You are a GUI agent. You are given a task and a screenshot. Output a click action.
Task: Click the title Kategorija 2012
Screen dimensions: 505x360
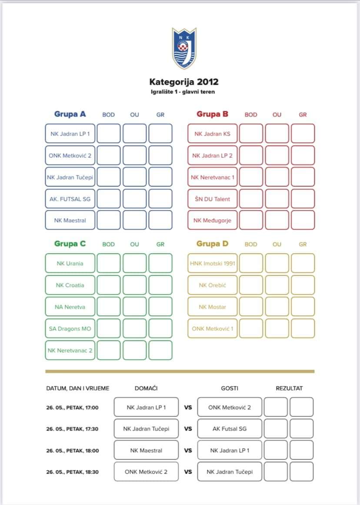click(184, 82)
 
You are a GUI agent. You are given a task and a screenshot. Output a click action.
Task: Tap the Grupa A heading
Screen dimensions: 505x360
click(70, 114)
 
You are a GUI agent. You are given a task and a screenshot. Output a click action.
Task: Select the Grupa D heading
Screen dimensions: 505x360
click(212, 244)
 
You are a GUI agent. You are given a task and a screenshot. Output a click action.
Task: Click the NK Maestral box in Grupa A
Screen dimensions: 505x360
click(70, 220)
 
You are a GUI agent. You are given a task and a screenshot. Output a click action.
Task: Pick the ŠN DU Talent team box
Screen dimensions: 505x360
click(213, 199)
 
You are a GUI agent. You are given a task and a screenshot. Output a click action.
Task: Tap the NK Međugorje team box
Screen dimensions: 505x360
click(213, 220)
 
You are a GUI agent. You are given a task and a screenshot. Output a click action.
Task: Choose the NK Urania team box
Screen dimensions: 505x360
click(70, 263)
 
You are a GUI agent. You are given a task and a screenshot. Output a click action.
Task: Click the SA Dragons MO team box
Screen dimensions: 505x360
click(70, 328)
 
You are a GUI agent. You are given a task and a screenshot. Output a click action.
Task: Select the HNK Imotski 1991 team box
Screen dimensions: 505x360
click(213, 263)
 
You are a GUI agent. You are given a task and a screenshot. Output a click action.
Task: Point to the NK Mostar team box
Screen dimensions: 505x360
click(213, 307)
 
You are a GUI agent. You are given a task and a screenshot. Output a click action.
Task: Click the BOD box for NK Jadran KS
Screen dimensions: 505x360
click(251, 134)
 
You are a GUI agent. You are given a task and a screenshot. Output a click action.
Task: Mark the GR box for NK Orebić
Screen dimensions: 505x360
click(303, 285)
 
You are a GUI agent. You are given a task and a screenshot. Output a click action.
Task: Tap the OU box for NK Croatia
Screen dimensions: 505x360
click(134, 285)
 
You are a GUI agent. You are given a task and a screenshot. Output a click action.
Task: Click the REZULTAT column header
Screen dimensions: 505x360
click(289, 388)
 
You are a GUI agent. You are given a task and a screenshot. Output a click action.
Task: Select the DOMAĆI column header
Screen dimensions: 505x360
click(146, 388)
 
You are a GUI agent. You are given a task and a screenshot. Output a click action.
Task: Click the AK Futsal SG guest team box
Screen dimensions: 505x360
click(230, 428)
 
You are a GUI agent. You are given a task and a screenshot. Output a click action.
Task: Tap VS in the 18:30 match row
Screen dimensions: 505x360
click(188, 472)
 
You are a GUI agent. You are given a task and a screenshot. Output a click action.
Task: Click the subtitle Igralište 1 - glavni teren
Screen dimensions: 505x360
click(183, 92)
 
